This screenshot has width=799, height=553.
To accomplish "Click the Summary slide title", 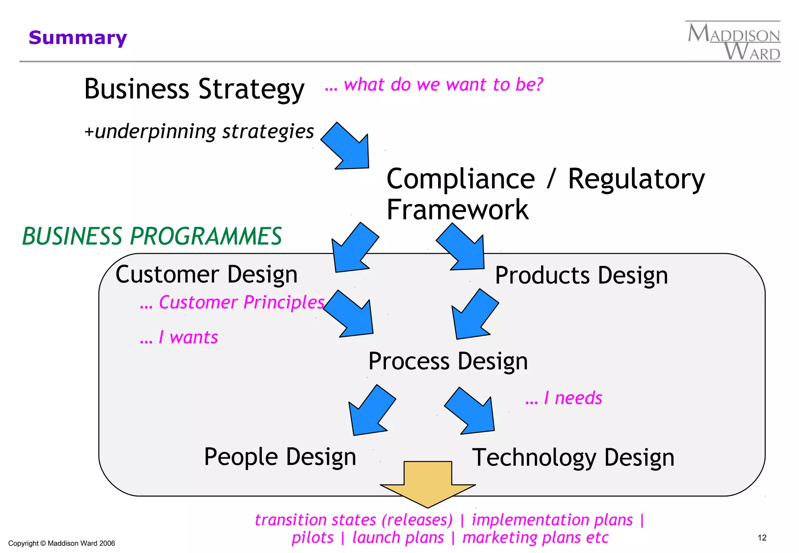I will point(78,38).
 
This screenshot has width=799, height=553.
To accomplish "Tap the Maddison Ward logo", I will point(733,41).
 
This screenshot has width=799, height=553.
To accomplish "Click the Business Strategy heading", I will point(194,89).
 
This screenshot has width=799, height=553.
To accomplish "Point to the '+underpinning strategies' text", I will point(199,131).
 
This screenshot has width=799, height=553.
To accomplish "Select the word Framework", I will point(457,210).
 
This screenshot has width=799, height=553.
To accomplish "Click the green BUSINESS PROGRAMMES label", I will point(152,236).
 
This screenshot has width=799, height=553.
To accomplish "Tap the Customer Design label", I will point(206,274).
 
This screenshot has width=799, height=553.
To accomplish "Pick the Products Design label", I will point(581,275).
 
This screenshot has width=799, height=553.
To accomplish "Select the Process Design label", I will point(448,361).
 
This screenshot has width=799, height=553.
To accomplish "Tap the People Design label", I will point(280,457).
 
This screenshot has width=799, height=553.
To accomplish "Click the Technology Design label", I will point(573,457).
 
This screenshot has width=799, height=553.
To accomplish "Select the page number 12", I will point(762,538).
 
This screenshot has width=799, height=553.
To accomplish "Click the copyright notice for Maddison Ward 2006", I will point(62,543).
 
